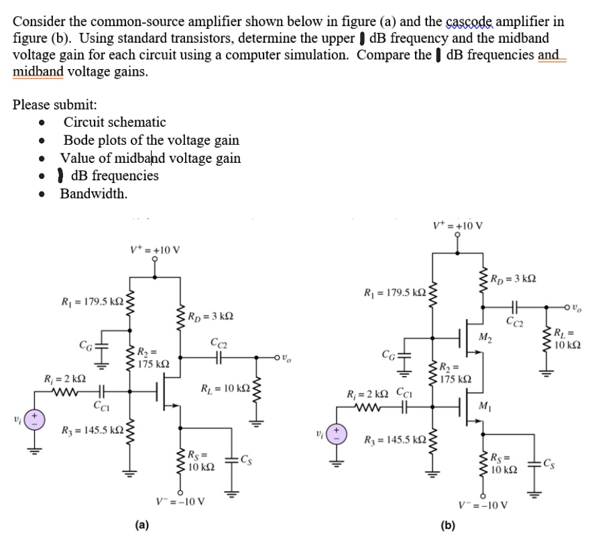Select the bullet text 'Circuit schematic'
coord(114,122)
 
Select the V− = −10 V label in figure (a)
coord(180,501)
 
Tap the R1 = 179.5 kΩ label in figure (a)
coord(91,303)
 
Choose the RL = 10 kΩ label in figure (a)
coord(226,389)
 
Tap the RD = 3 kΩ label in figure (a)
coord(211,315)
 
